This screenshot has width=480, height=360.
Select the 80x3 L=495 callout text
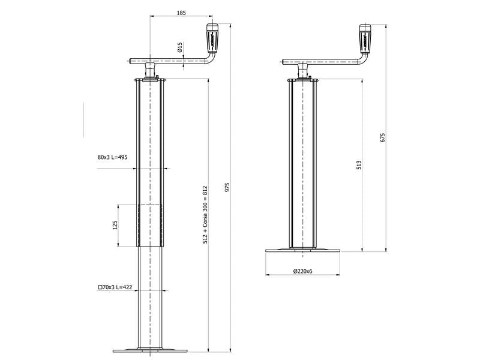point(112,157)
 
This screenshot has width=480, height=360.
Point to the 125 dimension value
point(115,226)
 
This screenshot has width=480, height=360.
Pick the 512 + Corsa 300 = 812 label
point(205,214)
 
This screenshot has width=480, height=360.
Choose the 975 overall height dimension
point(227,187)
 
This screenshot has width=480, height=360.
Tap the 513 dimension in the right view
point(358,165)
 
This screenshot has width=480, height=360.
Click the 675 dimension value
point(382,137)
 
